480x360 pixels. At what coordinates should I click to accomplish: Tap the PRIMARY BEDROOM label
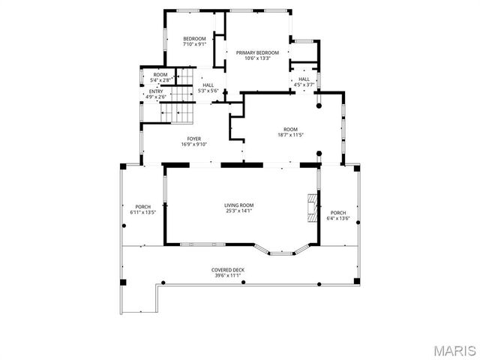257,52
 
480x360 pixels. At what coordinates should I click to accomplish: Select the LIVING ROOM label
239,205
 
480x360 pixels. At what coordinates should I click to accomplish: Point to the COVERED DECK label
227,270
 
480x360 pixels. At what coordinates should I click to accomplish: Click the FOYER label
193,139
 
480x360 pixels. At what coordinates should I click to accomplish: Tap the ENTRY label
156,91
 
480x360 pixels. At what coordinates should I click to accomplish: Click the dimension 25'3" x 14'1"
239,211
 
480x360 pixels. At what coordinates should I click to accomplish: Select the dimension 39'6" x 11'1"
227,275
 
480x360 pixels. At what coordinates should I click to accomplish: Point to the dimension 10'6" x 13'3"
257,58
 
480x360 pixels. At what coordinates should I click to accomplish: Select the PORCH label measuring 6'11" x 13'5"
142,207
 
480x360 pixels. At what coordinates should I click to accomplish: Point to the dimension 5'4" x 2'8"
160,79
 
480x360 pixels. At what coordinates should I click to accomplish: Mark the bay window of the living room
282,250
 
